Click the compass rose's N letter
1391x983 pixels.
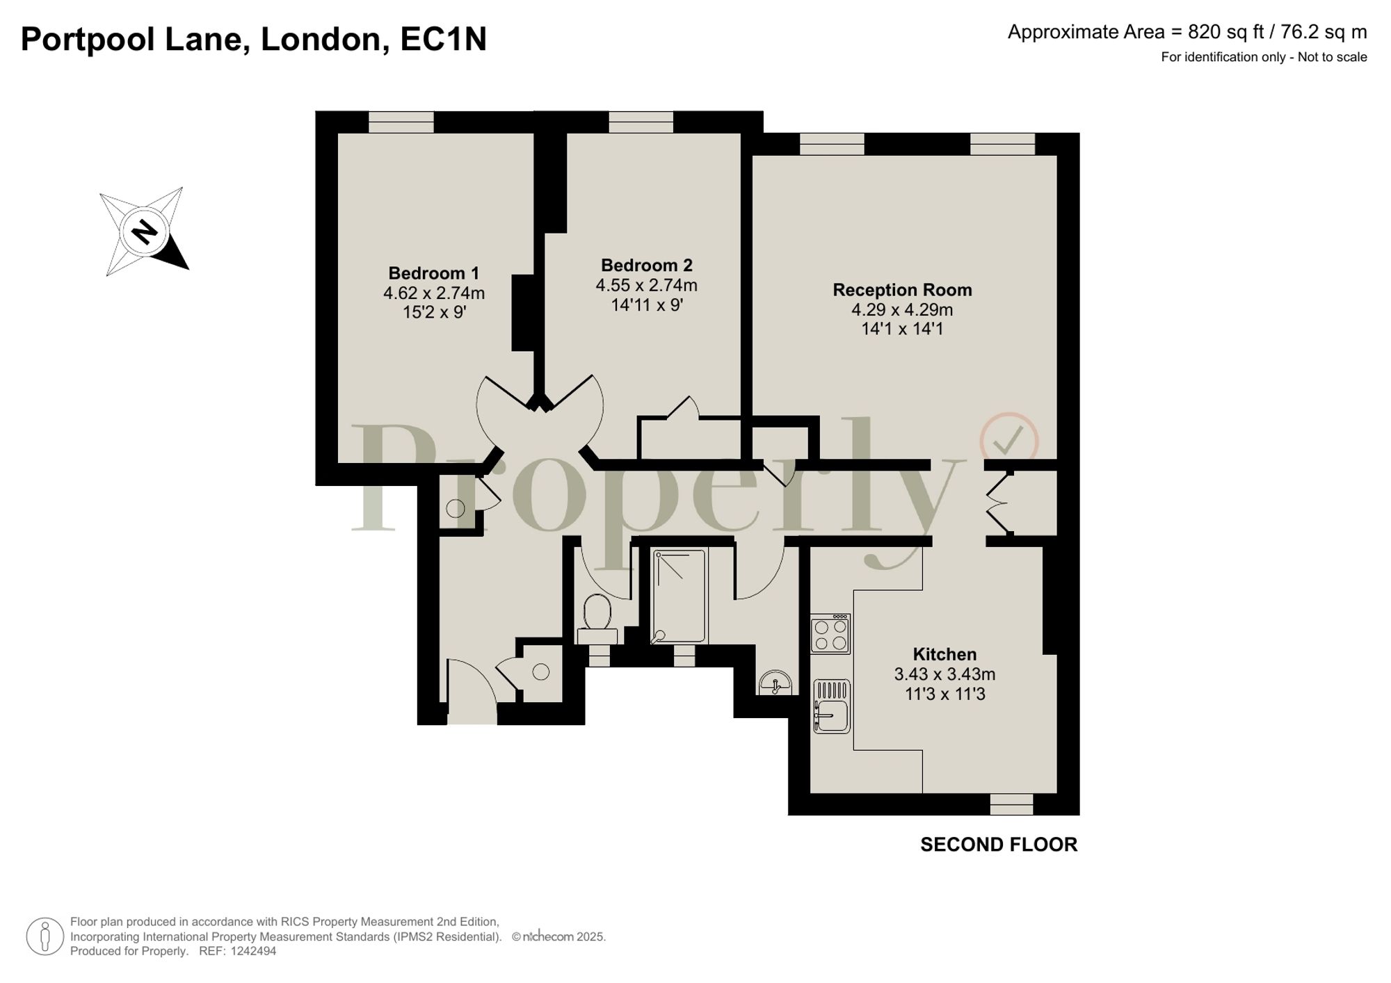(145, 231)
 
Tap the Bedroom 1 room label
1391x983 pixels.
(433, 273)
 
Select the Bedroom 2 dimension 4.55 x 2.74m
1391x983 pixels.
(646, 285)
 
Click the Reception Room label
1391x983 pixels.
(902, 290)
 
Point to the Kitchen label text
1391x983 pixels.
(944, 654)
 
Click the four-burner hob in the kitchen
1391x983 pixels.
(830, 634)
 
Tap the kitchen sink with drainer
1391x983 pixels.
(831, 706)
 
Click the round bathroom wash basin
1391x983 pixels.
(775, 683)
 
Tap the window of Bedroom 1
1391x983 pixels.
(401, 122)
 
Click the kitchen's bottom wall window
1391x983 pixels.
(1011, 804)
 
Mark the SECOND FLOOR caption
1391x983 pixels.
(999, 845)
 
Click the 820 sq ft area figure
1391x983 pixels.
(1225, 32)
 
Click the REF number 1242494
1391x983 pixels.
(253, 951)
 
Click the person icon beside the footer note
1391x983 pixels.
(45, 936)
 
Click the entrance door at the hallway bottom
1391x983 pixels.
(472, 692)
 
